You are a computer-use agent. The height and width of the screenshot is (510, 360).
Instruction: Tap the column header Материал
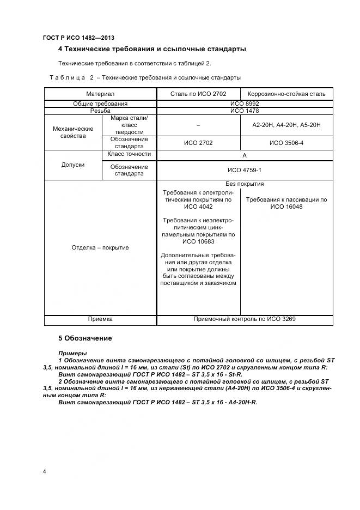(100, 94)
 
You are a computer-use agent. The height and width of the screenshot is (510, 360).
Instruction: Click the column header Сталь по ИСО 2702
(198, 94)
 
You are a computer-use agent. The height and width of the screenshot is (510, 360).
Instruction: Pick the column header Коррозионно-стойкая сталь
(286, 94)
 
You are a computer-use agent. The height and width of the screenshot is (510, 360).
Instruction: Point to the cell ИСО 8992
(245, 104)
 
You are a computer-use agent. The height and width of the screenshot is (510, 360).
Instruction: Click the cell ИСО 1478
(245, 111)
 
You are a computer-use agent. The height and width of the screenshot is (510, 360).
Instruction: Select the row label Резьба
(100, 111)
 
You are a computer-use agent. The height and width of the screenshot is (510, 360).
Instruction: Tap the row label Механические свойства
(73, 132)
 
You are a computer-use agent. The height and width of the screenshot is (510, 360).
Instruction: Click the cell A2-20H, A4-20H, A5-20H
(286, 125)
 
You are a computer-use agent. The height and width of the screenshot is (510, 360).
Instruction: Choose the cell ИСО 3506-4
(286, 143)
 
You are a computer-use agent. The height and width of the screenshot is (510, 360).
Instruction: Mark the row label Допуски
(73, 165)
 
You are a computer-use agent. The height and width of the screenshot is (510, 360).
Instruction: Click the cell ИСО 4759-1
(245, 170)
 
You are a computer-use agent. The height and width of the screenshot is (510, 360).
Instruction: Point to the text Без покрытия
(245, 184)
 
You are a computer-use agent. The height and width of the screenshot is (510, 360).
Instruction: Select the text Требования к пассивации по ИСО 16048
(286, 203)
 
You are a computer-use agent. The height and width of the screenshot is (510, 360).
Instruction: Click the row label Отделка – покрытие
(100, 248)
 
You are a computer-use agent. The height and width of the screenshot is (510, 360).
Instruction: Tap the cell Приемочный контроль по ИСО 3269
(245, 319)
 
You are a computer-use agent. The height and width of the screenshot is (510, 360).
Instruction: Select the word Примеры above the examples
(72, 353)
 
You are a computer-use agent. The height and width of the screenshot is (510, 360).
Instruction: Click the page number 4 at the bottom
(44, 471)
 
